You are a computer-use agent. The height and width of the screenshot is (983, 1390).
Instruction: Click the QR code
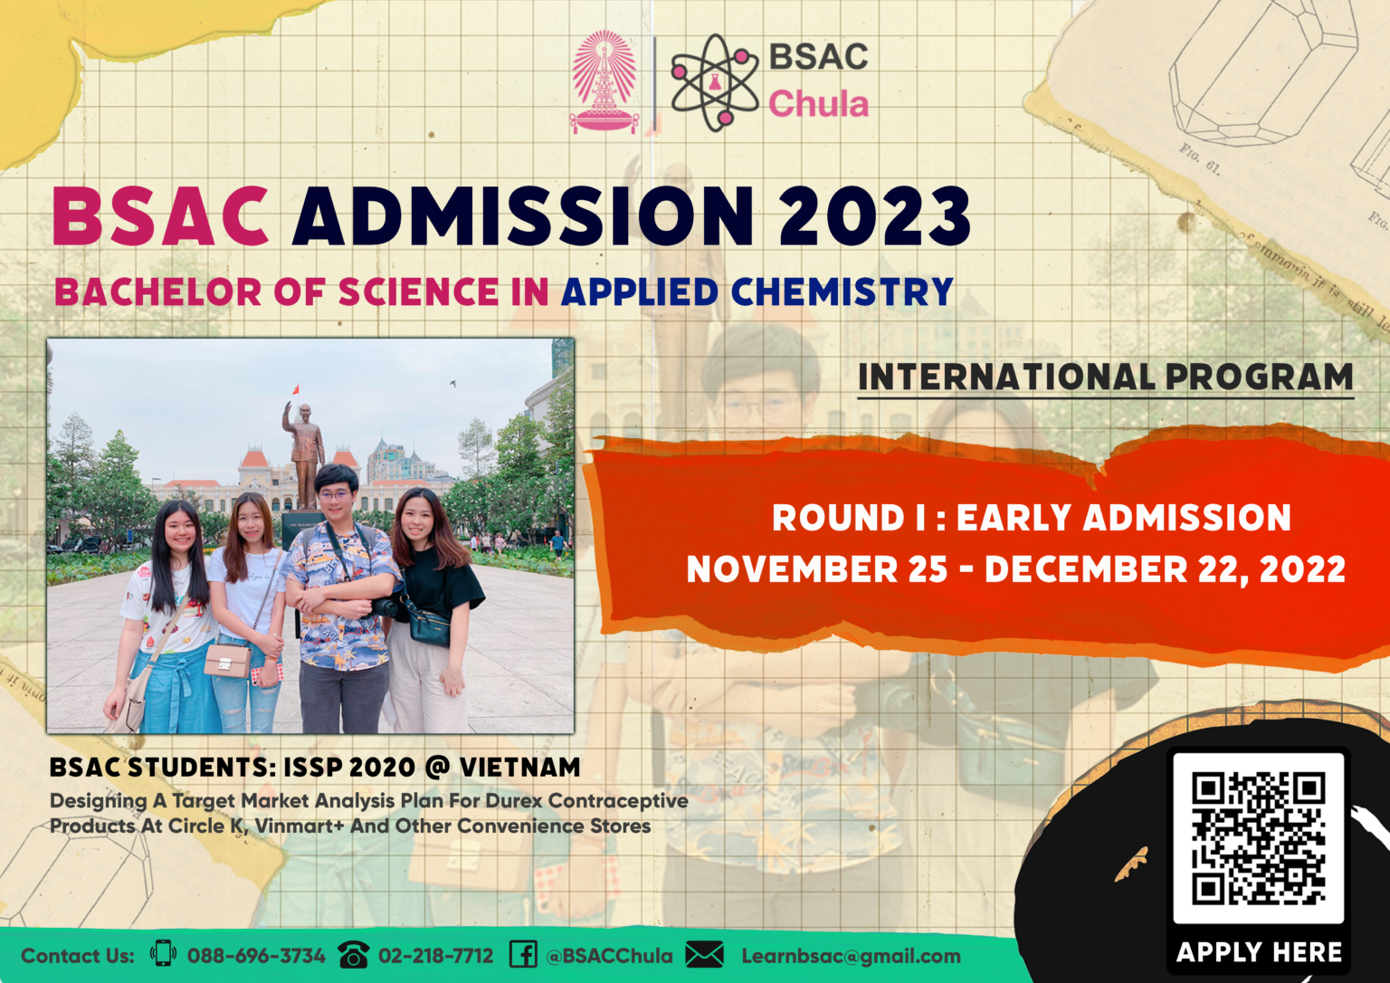coord(1258,838)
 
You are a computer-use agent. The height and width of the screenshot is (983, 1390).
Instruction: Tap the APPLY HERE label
coord(1259,952)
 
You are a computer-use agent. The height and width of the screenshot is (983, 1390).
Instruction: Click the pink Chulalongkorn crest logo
coord(604,82)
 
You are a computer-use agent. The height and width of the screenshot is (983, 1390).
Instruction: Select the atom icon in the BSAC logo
coord(714,82)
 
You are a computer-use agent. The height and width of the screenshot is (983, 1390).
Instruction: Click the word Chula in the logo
coord(818,104)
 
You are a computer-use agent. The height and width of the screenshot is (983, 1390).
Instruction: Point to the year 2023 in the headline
coord(873,216)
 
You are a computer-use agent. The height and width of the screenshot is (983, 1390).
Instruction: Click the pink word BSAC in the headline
coord(161,216)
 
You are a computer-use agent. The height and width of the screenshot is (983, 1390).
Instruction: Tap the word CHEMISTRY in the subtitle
coord(842,292)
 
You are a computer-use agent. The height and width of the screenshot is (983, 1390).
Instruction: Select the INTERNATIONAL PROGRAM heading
coord(1105,377)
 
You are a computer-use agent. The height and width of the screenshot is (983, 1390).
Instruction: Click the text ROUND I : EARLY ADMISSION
coord(1031,518)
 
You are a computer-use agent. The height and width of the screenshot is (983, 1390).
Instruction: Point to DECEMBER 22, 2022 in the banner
coord(1165,569)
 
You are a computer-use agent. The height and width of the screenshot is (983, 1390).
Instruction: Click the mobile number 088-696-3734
coord(256,956)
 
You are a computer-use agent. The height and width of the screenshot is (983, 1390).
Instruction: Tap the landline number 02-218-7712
coord(435,956)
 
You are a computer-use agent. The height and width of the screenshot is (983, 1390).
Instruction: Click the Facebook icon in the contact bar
coord(523,954)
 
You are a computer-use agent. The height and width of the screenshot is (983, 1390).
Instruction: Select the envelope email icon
coord(704,955)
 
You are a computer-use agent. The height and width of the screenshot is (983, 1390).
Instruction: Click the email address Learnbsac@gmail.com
coord(851,956)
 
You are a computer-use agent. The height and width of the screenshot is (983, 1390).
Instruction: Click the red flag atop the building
coord(295,390)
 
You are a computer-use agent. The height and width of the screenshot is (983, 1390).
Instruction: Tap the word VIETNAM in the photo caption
coord(519,768)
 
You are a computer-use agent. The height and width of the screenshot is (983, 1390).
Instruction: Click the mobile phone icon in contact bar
coord(163,953)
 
